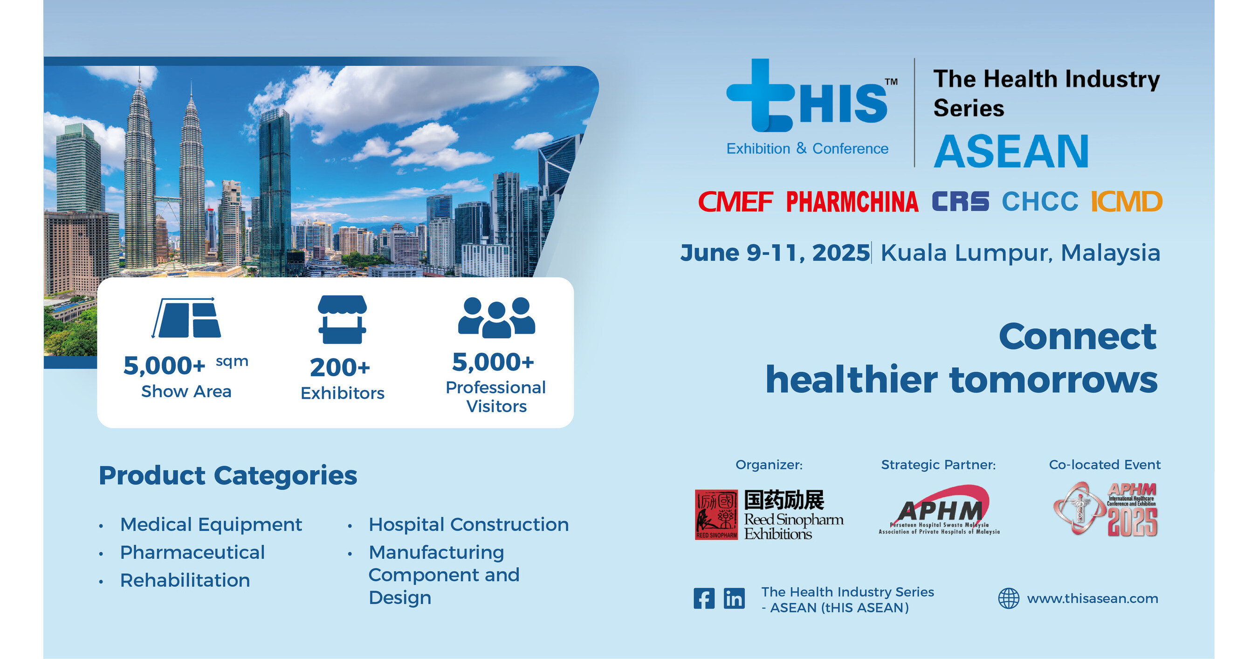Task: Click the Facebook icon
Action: point(704,598)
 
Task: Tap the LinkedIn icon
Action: point(734,598)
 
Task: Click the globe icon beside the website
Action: point(1009,598)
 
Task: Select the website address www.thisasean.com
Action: point(1093,598)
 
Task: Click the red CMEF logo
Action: point(736,202)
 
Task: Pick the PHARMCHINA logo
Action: point(852,202)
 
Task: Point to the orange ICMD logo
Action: point(1126,202)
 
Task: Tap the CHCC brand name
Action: point(1040,202)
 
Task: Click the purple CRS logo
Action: point(960,202)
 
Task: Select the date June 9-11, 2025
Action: point(775,253)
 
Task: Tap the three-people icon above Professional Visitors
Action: point(496,317)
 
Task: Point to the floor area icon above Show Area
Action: point(186,318)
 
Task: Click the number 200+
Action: point(340,368)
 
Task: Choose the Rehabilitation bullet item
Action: point(185,580)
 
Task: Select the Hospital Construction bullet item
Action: point(468,525)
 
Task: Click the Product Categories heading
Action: point(227,475)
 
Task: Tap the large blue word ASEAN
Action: point(1011,152)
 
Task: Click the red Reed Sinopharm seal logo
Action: point(716,515)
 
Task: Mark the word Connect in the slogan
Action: point(1077,336)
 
